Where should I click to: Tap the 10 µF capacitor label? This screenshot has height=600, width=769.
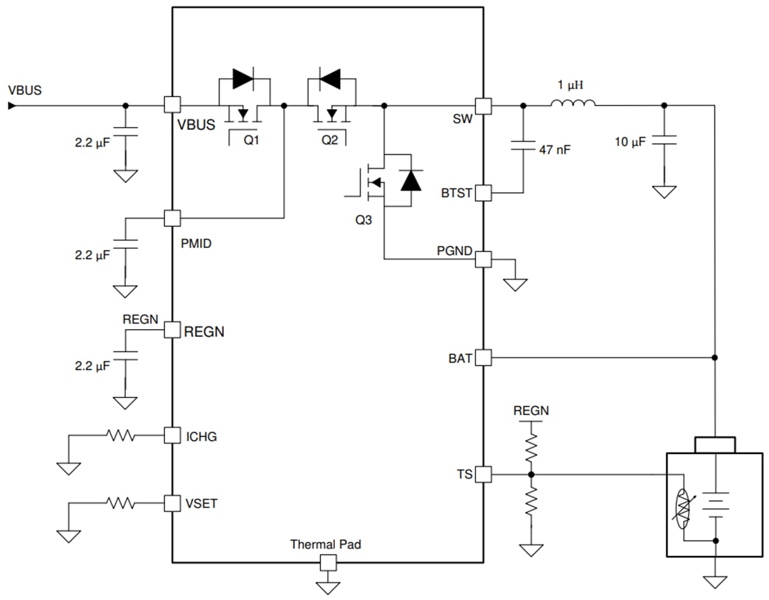[x=630, y=142]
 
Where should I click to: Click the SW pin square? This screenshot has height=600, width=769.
[x=483, y=105]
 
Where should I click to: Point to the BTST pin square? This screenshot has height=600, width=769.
[x=483, y=193]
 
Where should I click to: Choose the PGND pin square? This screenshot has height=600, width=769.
[x=483, y=259]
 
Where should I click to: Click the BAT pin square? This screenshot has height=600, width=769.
[x=483, y=358]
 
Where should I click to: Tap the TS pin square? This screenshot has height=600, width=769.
[x=483, y=475]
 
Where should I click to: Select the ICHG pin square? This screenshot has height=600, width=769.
[x=172, y=436]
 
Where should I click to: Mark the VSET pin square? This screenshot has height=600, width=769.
[x=172, y=502]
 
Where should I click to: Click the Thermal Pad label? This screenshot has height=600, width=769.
[x=326, y=544]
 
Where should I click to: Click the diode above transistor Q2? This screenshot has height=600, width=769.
[x=329, y=79]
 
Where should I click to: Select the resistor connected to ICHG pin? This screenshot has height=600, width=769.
[x=120, y=436]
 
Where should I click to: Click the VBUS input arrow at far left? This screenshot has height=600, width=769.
[x=12, y=105]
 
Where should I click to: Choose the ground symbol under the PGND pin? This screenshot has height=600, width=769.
[x=516, y=283]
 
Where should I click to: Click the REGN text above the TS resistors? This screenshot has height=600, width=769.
[x=531, y=411]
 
